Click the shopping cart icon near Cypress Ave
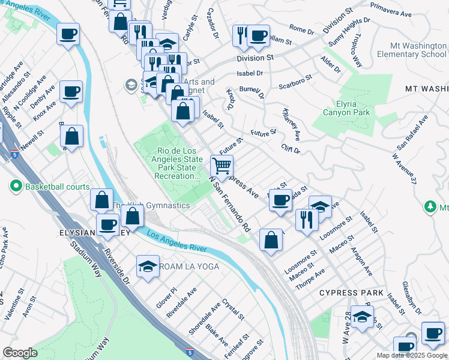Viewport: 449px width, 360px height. tap(222, 166)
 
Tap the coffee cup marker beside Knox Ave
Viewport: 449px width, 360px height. tap(71, 92)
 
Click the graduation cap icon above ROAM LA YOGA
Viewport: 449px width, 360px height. tap(147, 265)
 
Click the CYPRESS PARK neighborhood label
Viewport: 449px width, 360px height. tap(351, 293)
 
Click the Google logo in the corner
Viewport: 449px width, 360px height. tap(20, 353)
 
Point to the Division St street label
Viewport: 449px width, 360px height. tap(255, 58)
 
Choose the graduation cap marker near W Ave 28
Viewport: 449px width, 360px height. tap(361, 318)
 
